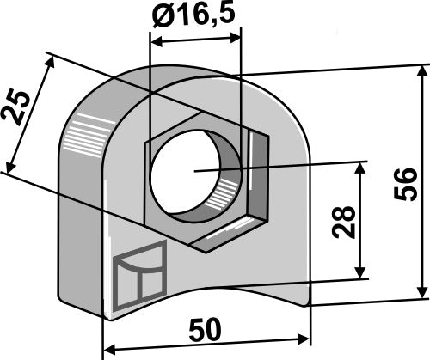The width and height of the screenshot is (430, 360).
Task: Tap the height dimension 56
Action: pos(409,184)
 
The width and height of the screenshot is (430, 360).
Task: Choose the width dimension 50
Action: pos(206,329)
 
